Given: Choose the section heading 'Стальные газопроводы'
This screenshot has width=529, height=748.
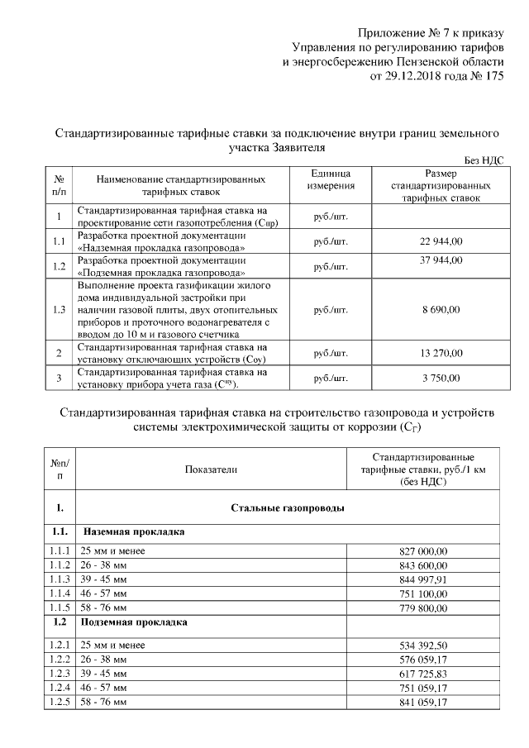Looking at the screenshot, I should point(288,507).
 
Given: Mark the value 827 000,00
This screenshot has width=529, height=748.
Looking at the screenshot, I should point(422,550).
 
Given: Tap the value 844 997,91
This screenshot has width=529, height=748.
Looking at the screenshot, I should point(422,579).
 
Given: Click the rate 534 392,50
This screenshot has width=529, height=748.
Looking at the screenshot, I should point(422,645).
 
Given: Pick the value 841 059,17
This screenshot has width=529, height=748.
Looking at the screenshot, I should point(422,703).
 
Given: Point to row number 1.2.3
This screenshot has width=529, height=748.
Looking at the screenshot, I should point(59,674).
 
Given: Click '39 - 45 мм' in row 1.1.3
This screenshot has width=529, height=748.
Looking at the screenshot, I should point(103,579).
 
